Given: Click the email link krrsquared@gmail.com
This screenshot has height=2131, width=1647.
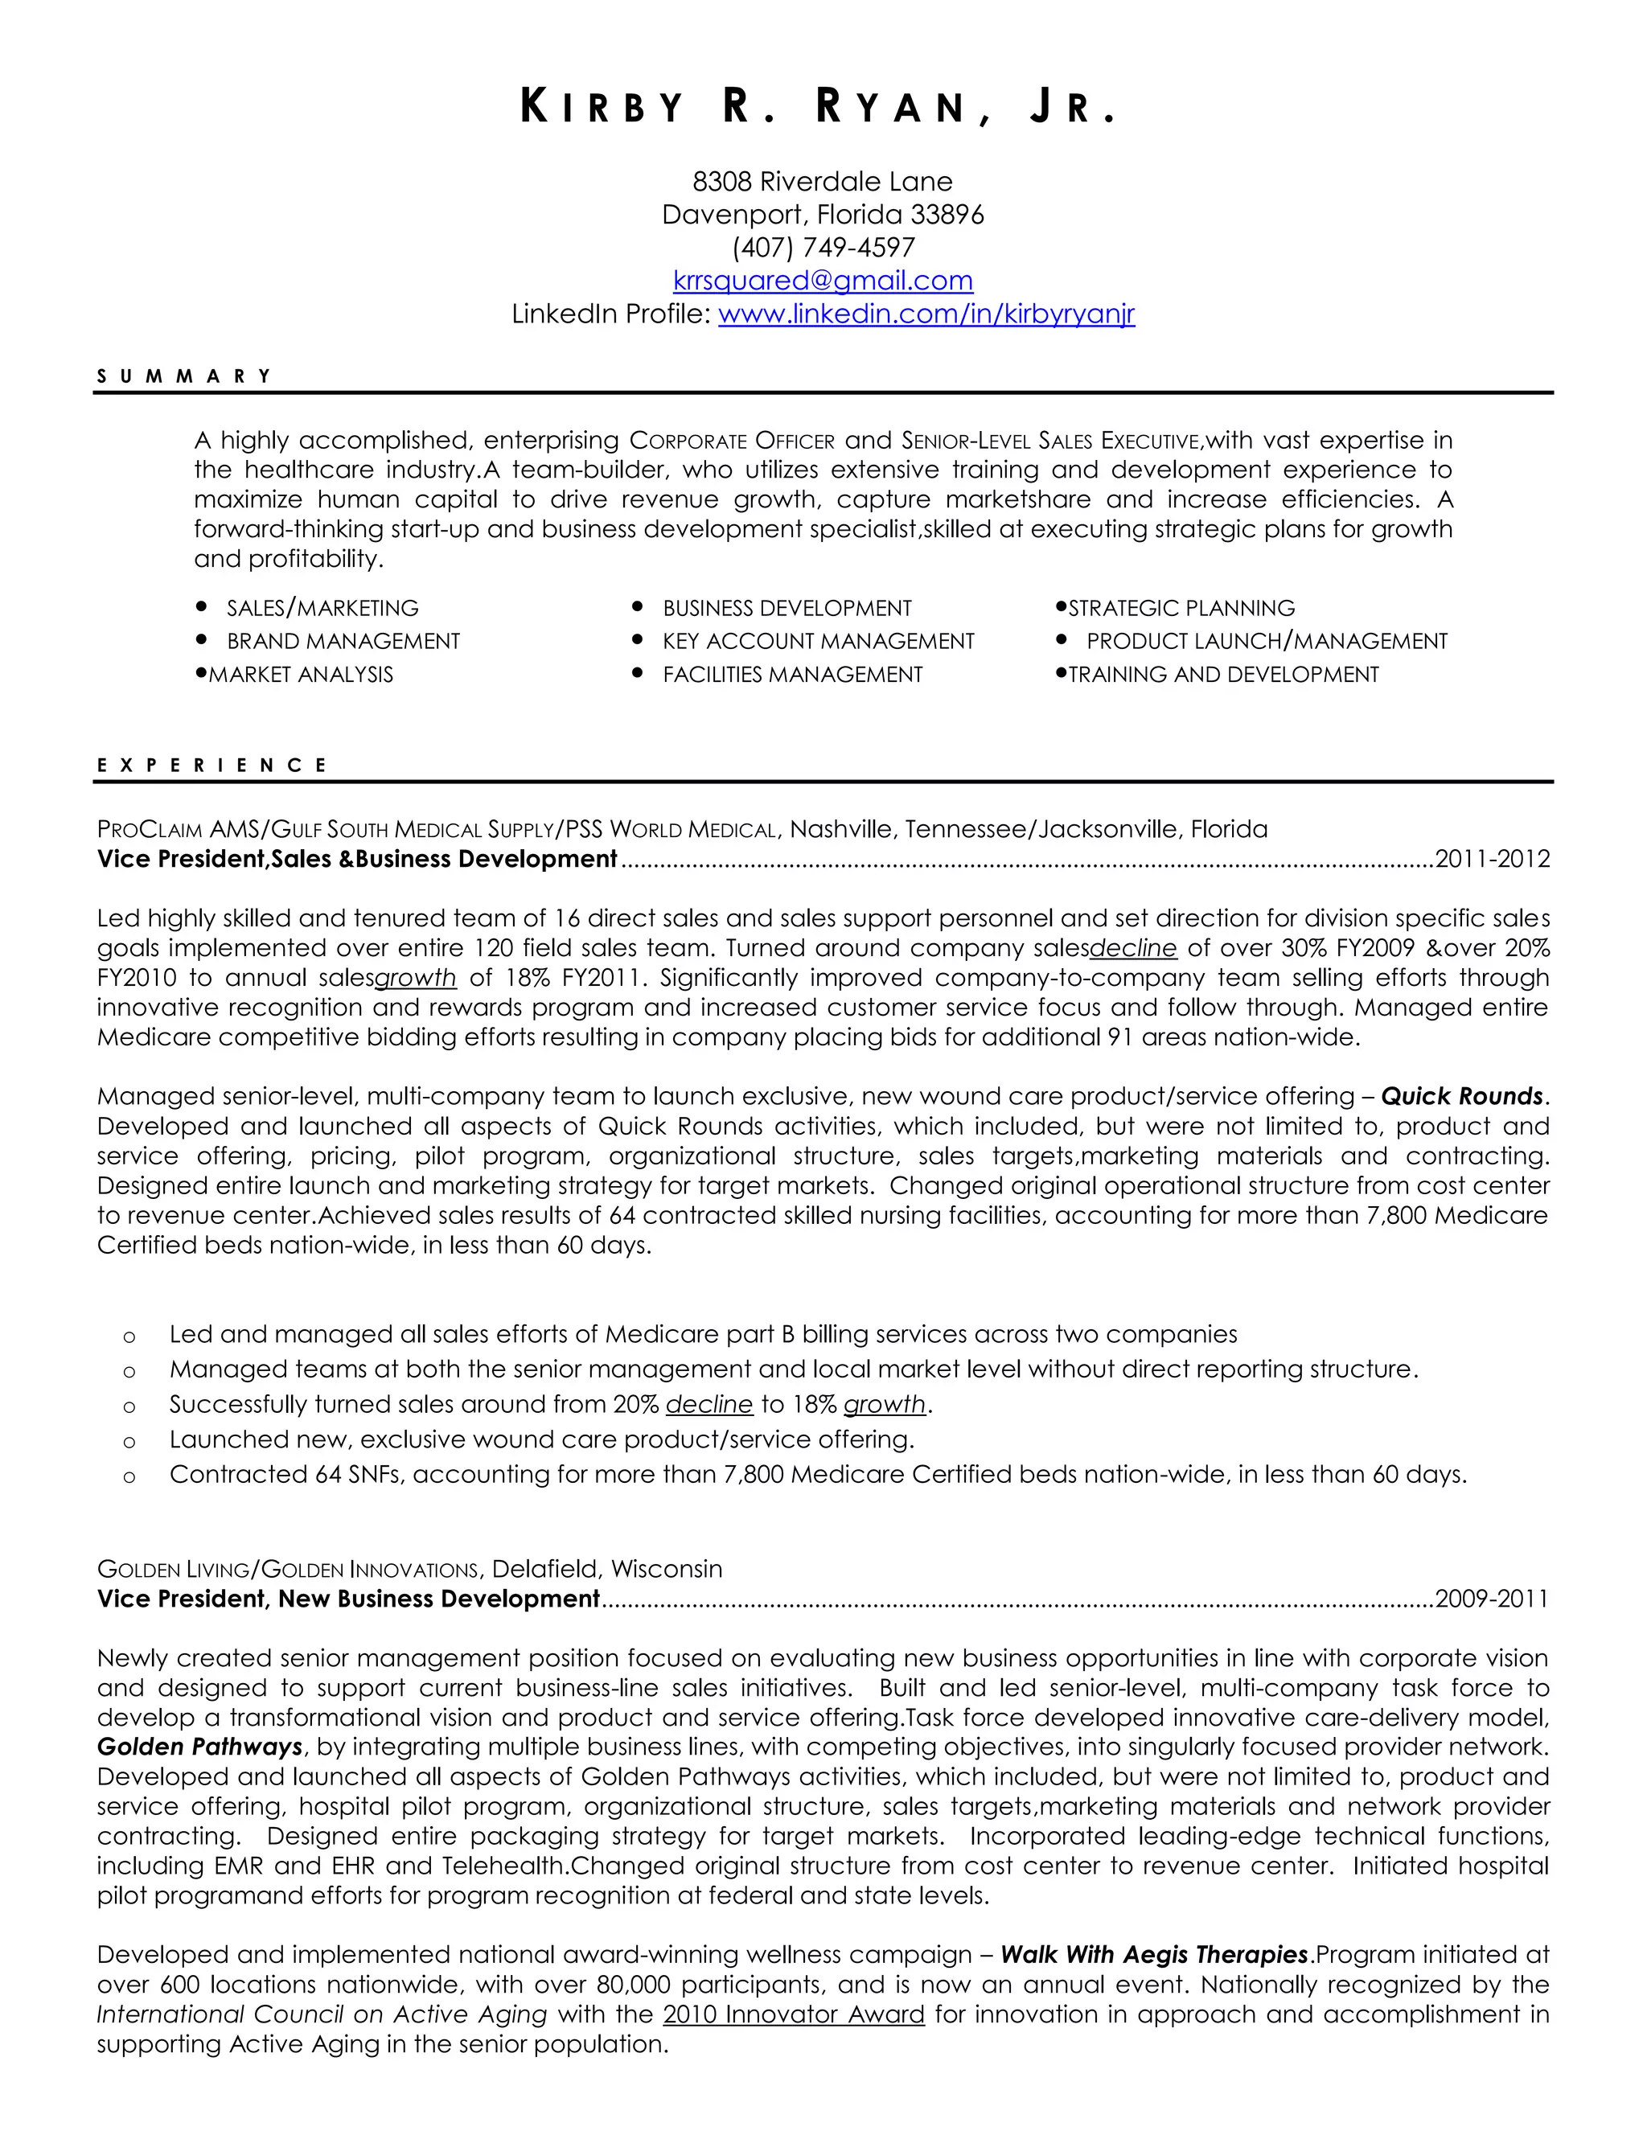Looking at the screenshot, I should pos(823,281).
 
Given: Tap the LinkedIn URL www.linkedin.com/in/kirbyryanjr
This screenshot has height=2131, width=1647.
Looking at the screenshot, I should pos(926,314).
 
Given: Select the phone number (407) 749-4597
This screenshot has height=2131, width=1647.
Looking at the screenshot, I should pos(823,248).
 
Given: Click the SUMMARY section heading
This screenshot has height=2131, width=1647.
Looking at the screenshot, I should pos(183,376).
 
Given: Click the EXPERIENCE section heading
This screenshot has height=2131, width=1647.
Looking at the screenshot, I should pos(212,766).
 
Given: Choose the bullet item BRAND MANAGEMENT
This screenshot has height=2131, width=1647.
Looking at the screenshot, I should pos(343,642).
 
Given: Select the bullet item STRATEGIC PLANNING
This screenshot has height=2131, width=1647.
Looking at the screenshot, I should pos(1181,609).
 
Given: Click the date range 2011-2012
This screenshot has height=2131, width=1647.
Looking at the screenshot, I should pos(1492,860).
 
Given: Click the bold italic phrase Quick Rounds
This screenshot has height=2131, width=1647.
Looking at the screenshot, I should pos(1461,1097).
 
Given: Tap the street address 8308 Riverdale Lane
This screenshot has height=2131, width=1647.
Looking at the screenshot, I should pos(823,182).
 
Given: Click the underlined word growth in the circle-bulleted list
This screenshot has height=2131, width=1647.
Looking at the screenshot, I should pos(884,1404).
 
